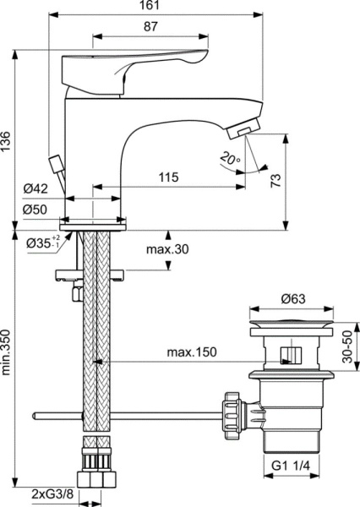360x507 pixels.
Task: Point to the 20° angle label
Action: [x=231, y=158]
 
